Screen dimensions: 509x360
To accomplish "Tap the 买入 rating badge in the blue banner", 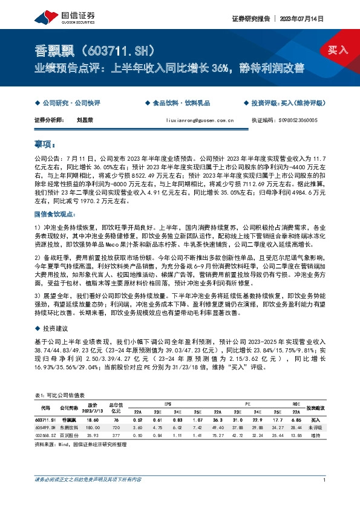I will (338, 49).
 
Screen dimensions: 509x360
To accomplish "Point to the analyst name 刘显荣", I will (85, 120).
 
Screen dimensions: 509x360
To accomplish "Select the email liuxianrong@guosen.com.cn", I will (199, 120).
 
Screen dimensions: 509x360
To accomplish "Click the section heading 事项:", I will (45, 145).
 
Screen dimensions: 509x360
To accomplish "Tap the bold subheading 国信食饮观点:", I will (54, 214).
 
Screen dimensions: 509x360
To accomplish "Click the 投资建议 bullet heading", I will (54, 328).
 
